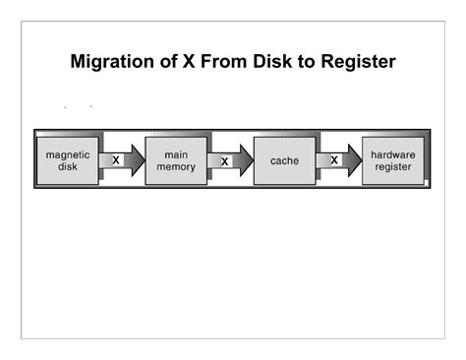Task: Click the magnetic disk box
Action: (67, 159)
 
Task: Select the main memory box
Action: (175, 159)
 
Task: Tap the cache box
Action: (284, 159)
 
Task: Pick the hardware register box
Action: (393, 159)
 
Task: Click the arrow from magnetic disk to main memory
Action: (122, 159)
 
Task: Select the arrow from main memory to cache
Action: (231, 160)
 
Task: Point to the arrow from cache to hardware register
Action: (340, 159)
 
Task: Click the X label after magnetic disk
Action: (116, 159)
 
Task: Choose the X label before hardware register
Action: (334, 159)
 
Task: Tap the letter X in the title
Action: (189, 63)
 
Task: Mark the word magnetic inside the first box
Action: (67, 154)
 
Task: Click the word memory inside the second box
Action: (175, 166)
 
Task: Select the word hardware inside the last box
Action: (393, 154)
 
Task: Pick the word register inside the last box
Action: (393, 166)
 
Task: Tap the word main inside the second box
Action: (175, 154)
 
